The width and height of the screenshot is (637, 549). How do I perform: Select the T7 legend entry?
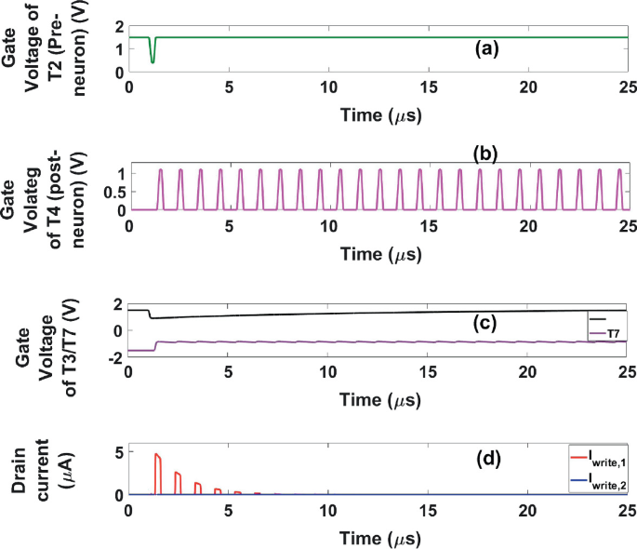point(605,333)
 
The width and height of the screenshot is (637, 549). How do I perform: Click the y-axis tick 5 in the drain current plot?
point(118,453)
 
